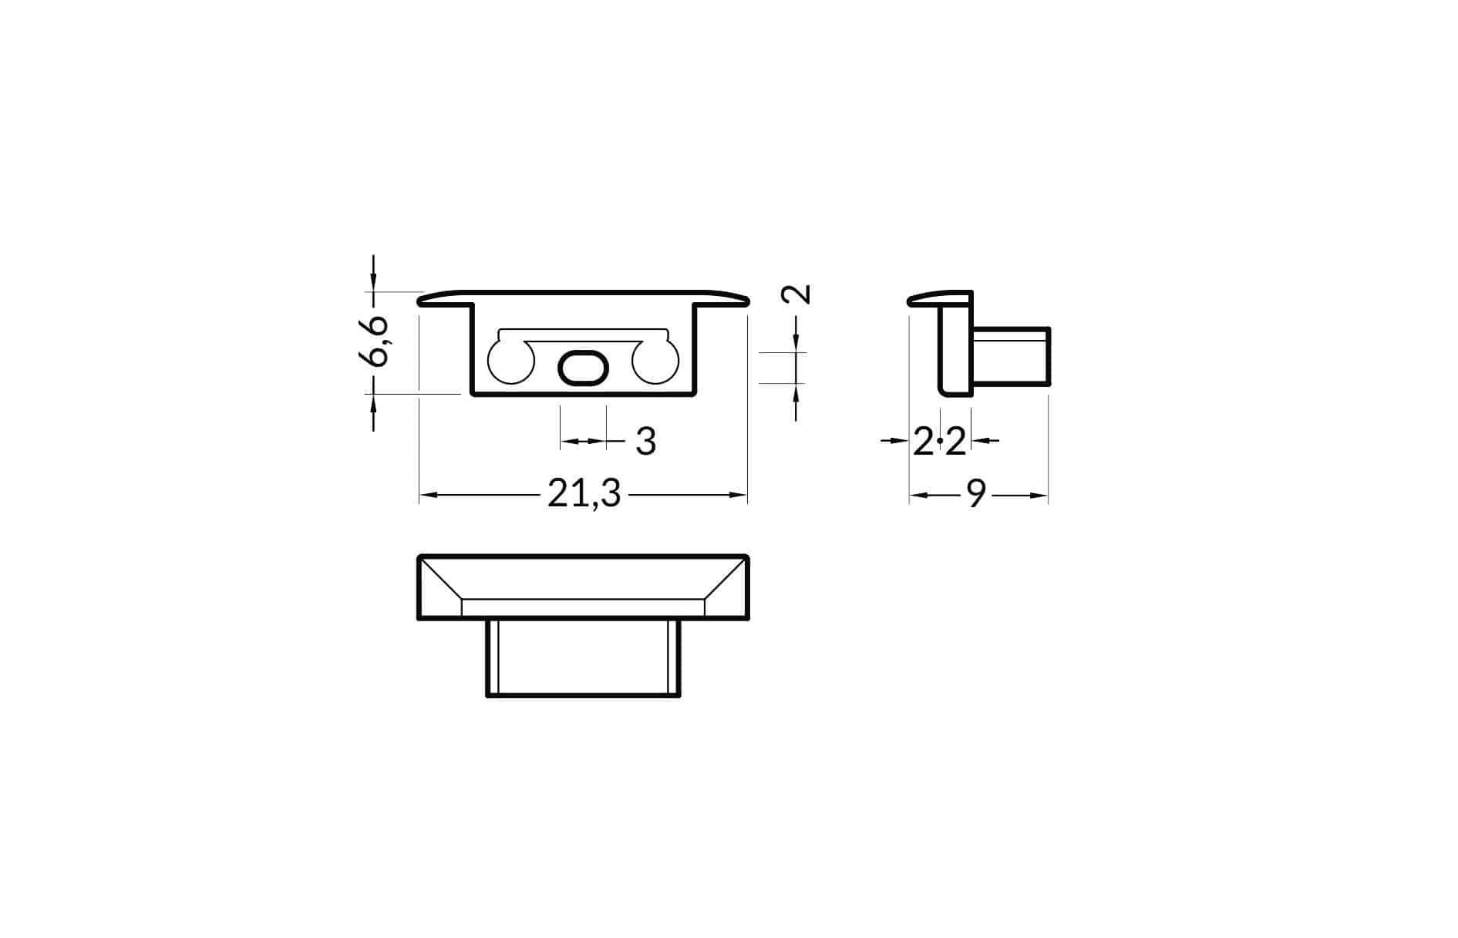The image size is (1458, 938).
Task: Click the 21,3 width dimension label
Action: (584, 494)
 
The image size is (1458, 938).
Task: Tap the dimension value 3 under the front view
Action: (645, 442)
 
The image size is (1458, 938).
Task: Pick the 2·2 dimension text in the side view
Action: (939, 442)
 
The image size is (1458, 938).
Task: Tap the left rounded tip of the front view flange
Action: (423, 300)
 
